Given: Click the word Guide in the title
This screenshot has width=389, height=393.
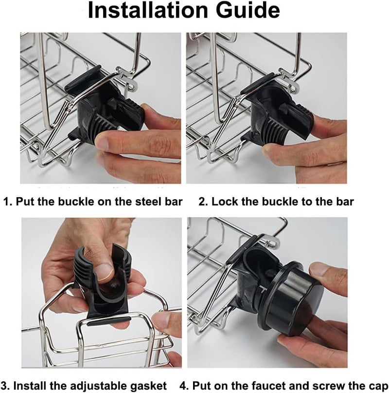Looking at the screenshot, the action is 248,10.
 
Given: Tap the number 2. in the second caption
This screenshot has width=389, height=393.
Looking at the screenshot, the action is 204,202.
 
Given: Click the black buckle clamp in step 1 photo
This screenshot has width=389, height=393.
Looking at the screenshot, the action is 105,105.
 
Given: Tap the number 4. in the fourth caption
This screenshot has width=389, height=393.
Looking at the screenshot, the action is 184,386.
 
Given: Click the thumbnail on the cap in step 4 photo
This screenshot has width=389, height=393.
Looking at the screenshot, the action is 319,268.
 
